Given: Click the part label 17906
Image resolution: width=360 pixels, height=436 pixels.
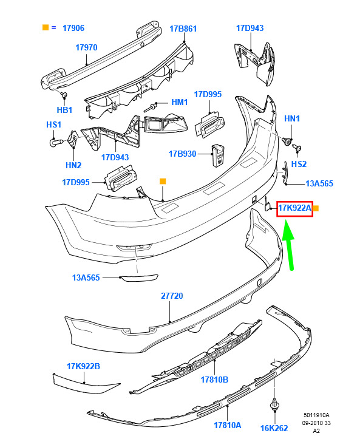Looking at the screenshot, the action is coord(73,28).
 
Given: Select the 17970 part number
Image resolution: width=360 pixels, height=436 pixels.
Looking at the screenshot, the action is coord(86,47).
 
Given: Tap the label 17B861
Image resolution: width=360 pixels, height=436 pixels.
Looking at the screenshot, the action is coord(183,29).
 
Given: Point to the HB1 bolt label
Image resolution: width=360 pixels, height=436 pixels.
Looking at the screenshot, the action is coord(64,110).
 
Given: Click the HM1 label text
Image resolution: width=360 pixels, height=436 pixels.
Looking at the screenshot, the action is coord(180,102).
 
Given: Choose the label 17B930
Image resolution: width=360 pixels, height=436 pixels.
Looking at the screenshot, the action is coord(182,154).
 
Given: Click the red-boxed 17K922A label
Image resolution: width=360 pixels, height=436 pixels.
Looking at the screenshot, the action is coord(294,209).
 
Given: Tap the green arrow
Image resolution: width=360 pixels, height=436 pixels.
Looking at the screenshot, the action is coord(289,245).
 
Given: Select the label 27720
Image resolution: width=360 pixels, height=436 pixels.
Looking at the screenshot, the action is coord(172,296).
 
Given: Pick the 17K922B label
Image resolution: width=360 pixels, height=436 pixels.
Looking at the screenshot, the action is coord(83,366).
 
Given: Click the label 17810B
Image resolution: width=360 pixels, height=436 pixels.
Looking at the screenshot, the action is coord(214,380).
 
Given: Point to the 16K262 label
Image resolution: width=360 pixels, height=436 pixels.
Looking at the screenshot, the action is coord(274,428).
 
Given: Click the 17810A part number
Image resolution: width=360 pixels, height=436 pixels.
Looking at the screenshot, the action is coord(228,425).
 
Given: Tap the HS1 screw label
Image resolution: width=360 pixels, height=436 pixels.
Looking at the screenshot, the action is coord(53,124).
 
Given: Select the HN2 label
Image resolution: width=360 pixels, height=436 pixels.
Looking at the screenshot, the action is coord(73,165).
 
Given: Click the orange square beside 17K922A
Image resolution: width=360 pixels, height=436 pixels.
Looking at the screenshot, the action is coord(316,208).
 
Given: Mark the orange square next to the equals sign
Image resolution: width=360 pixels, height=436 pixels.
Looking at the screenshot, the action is coord(46,27).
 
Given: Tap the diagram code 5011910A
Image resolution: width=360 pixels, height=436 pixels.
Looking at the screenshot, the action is coord(316,415).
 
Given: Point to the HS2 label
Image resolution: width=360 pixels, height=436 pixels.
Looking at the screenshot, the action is coord(299,164).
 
